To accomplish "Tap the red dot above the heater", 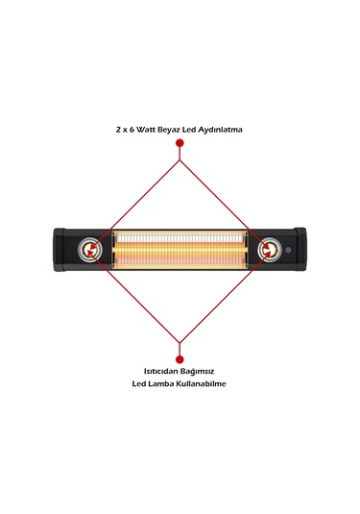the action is click(180, 143).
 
